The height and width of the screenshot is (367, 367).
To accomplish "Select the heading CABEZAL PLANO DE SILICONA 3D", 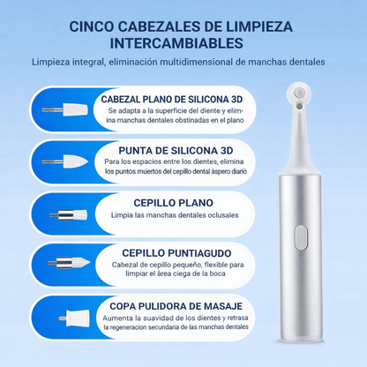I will (x=183, y=100).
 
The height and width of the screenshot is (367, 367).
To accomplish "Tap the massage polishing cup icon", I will (x=63, y=315).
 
